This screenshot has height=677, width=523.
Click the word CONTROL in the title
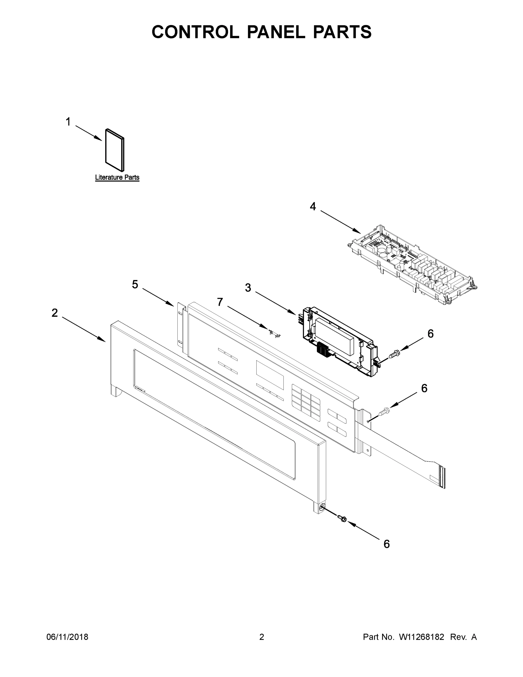195,32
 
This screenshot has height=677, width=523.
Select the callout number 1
68,122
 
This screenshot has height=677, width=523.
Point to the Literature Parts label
117,178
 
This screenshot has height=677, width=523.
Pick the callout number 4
313,206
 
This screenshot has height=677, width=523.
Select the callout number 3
248,288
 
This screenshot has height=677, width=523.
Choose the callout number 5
135,284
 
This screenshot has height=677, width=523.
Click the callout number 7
220,302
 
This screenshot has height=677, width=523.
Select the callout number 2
54,313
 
